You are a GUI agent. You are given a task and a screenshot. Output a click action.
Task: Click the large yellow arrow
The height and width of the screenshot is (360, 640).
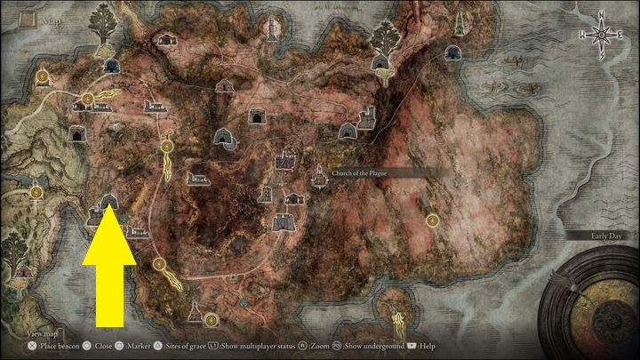click(x=109, y=267)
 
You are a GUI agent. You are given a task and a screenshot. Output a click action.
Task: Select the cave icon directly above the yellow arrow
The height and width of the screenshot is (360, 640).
click(x=110, y=203)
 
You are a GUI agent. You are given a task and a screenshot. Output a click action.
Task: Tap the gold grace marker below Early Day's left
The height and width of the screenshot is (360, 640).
click(x=432, y=219)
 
